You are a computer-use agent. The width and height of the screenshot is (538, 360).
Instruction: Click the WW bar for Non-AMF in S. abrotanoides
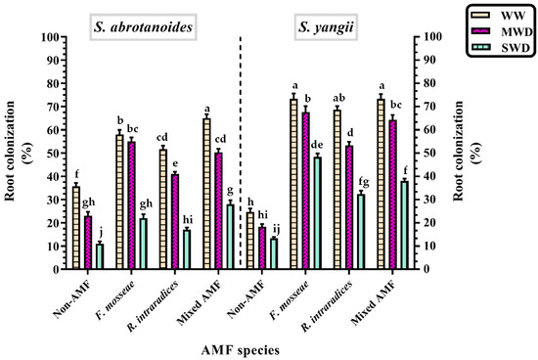click(76, 227)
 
